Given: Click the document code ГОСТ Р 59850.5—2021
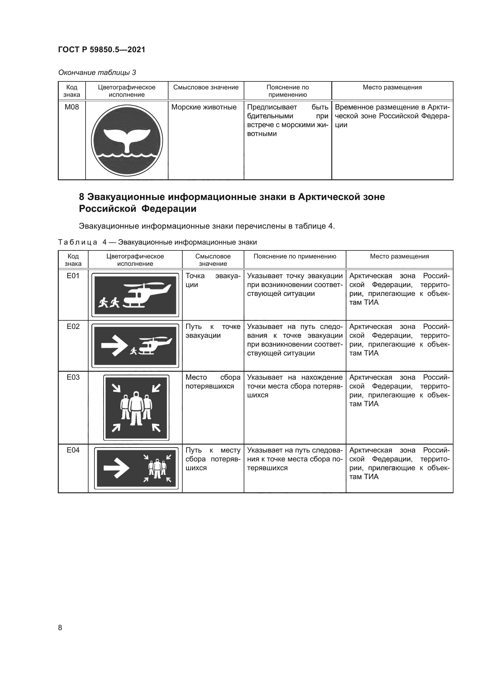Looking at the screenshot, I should (101, 50).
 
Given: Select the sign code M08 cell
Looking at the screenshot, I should (72, 107).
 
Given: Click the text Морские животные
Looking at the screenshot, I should (204, 107).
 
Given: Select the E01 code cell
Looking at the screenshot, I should (73, 276).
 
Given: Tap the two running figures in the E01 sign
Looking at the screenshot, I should (109, 302).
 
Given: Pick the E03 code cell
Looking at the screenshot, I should (73, 377).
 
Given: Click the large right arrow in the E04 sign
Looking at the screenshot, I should (116, 468).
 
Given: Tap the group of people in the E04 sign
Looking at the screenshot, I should (157, 468).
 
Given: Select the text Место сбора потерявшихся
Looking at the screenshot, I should (213, 382).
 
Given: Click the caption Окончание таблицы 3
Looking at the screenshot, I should (97, 73).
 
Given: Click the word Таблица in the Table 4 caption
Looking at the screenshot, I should (78, 242).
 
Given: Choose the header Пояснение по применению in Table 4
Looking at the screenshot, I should (294, 256).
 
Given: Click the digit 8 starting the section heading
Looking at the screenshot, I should (81, 197).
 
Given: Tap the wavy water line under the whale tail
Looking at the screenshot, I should (127, 156).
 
